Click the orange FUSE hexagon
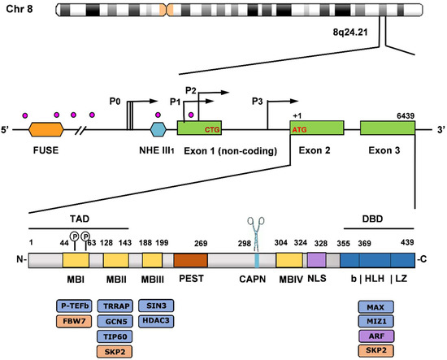(x=46, y=129)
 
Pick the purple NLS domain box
(x=316, y=261)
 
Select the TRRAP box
(x=121, y=306)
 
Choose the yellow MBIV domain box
(x=289, y=261)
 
